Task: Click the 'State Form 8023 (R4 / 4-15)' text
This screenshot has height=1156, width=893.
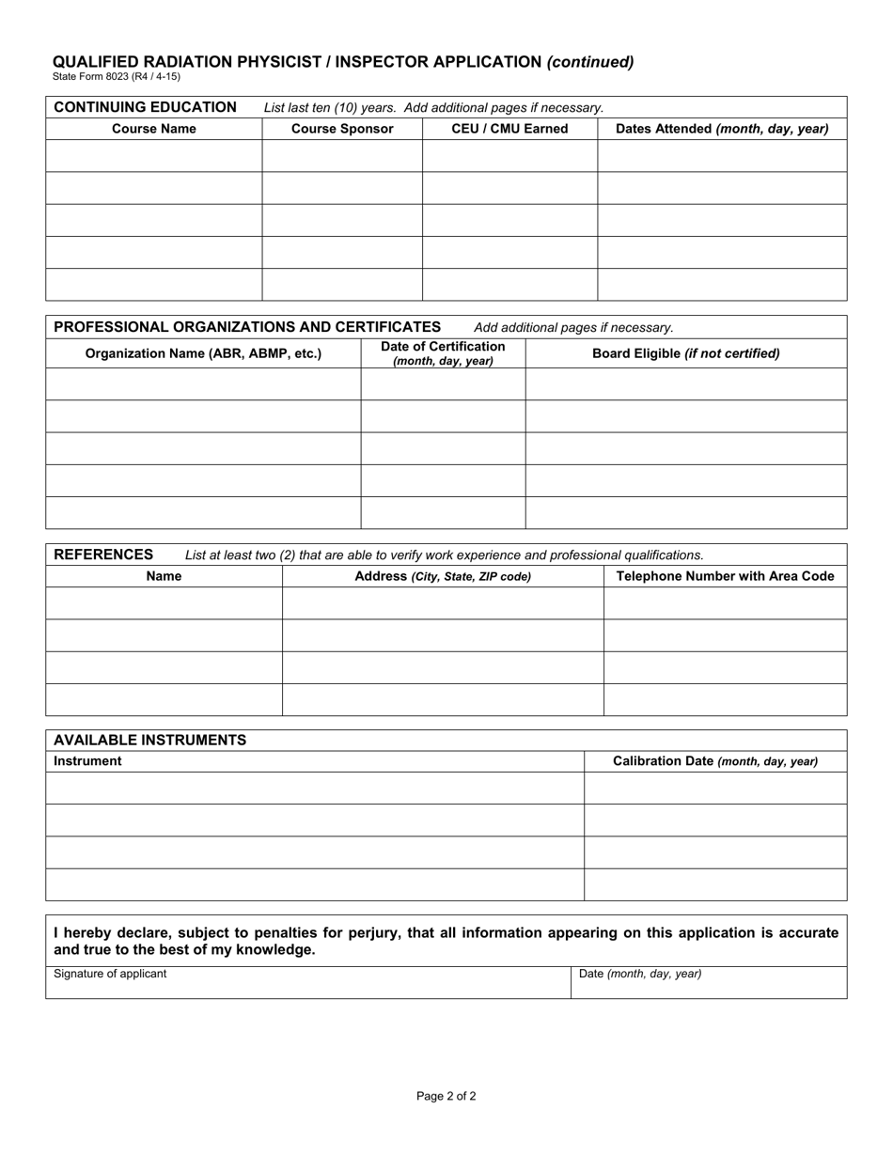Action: [117, 77]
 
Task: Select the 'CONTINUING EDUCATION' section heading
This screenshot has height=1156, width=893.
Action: [146, 107]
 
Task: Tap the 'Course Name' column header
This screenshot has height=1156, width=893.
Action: [154, 129]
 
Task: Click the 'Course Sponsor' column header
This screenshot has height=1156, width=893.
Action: [342, 129]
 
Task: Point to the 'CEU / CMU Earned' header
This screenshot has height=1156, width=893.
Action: [509, 129]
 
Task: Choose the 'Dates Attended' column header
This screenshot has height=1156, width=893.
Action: [722, 129]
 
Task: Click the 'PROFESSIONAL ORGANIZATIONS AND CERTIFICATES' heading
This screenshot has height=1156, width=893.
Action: [247, 327]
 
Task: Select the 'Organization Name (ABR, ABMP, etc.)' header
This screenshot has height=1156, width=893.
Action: [203, 353]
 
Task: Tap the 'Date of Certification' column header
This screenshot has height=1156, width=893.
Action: [443, 353]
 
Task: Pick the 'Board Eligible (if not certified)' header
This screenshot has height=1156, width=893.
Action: [685, 353]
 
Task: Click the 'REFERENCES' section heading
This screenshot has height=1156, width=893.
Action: [103, 555]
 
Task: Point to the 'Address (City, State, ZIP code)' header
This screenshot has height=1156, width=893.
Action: [443, 576]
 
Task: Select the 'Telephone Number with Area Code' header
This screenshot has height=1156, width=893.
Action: [725, 576]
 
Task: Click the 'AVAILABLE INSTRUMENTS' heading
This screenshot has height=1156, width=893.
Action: [150, 740]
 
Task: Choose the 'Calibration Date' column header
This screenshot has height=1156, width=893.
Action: [715, 761]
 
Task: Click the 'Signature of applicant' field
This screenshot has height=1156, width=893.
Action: [307, 982]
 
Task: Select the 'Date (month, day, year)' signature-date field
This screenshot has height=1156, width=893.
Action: [708, 982]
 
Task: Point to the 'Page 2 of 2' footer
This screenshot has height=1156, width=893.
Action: [446, 1096]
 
